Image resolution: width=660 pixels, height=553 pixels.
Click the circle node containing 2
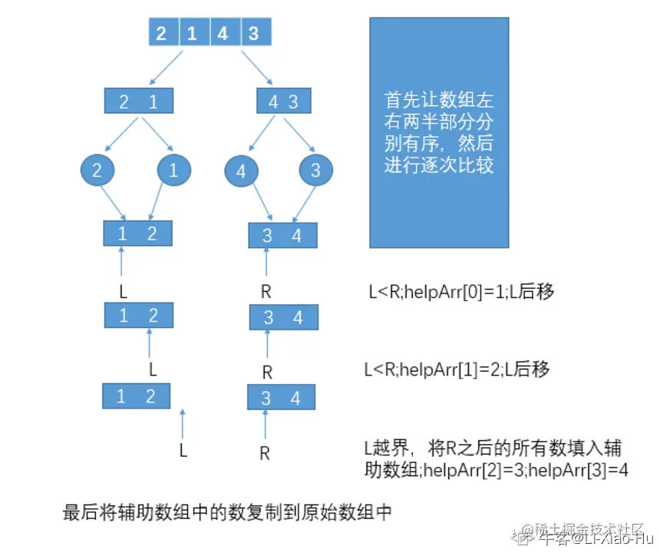point(97,171)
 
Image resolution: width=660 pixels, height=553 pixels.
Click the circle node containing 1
point(173,171)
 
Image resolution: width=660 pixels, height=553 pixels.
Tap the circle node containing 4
point(241,172)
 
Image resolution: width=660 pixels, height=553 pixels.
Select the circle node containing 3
point(315,171)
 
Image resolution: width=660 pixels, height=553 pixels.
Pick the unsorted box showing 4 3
point(282,101)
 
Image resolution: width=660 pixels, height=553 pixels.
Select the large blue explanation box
point(439,132)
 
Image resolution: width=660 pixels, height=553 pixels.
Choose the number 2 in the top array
point(161,34)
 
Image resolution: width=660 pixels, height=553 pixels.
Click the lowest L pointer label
point(183,450)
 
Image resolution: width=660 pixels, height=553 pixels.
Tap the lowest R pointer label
point(265,453)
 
